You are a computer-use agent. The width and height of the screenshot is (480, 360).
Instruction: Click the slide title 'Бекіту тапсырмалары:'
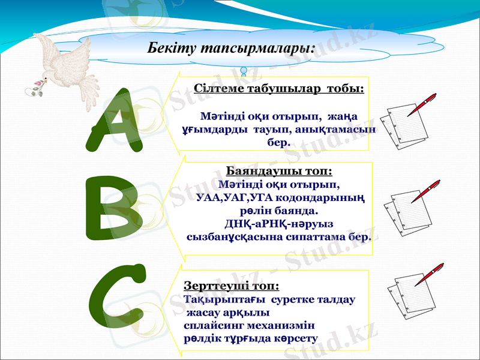coord(231,47)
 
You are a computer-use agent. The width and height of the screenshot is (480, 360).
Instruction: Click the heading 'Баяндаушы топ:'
coord(279,172)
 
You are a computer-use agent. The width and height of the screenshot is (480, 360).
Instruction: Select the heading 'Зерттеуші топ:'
coord(232,286)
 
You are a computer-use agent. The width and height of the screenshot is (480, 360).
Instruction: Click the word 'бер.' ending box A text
coord(278,143)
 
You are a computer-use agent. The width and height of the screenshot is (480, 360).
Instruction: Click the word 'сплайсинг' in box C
coord(211,325)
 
